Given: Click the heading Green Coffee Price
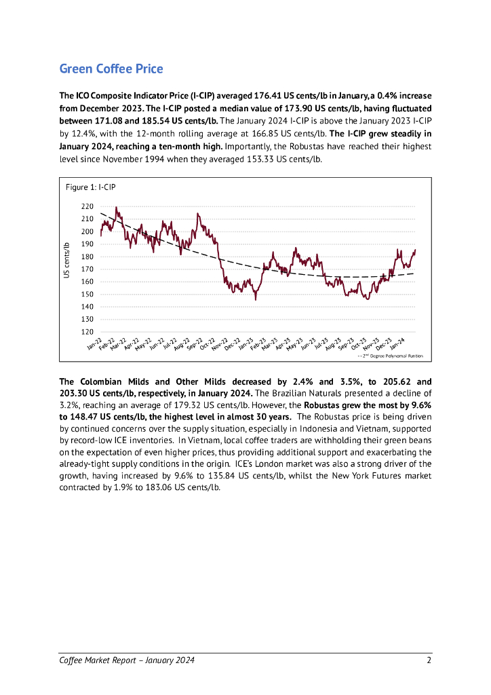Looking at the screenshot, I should [x=111, y=69].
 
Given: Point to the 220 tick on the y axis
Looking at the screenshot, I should [x=87, y=206].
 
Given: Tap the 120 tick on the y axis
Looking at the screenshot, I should [x=87, y=332].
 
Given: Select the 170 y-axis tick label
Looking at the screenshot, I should [x=87, y=269].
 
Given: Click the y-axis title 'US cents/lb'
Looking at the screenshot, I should [x=67, y=261].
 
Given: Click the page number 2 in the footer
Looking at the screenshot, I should [x=429, y=660].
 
